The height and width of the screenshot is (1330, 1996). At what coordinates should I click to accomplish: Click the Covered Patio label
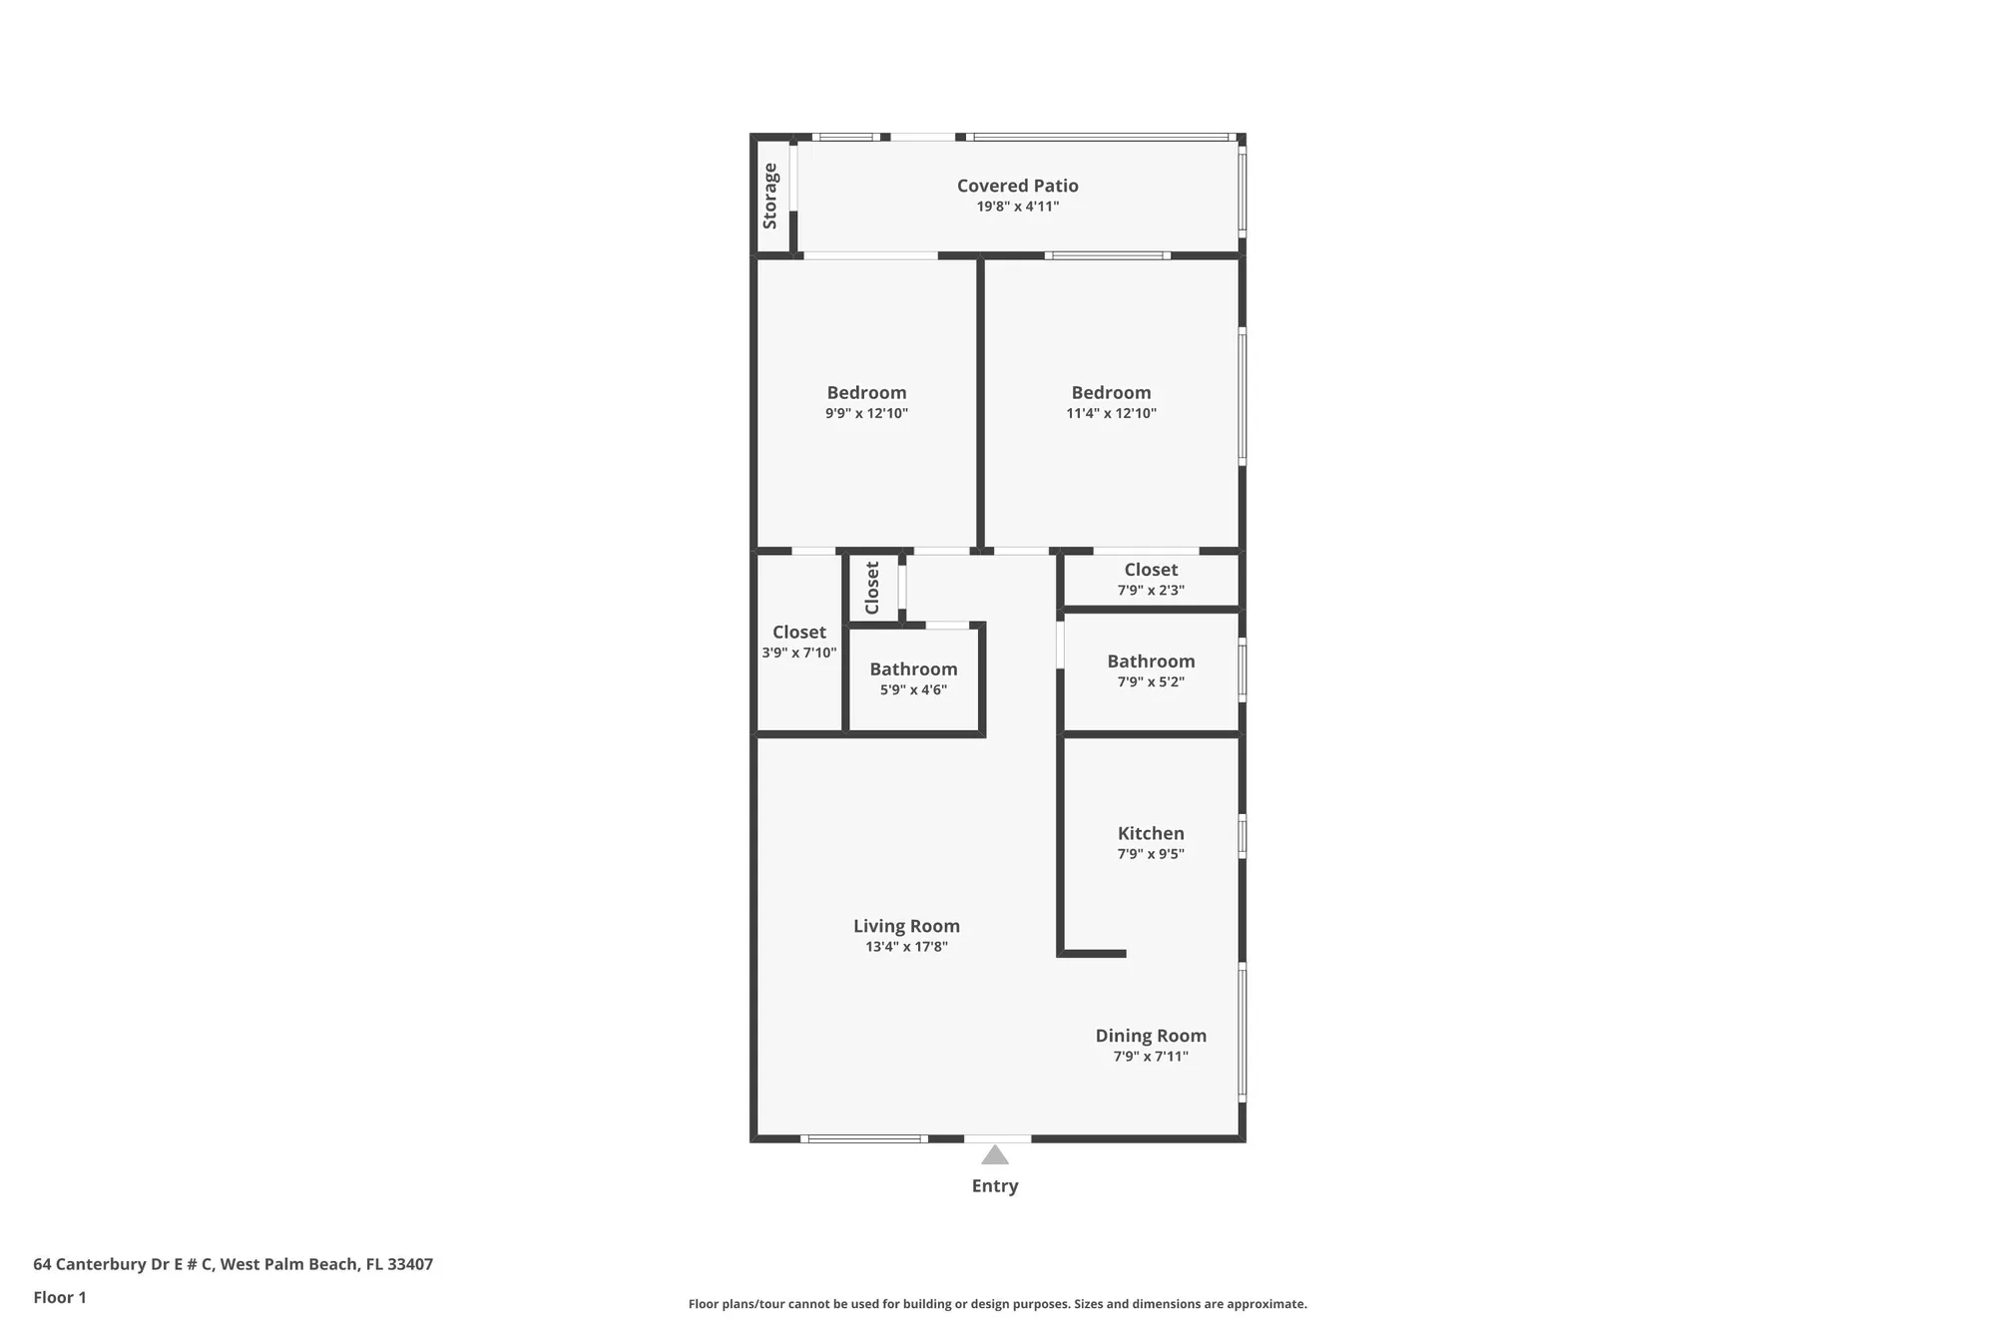(1017, 186)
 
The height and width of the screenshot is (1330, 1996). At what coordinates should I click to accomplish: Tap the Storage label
(770, 197)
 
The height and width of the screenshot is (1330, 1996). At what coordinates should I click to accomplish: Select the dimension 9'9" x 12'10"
(866, 413)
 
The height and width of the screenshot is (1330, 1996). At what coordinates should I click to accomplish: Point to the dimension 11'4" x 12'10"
(1111, 413)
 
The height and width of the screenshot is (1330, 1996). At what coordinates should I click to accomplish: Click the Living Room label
(906, 926)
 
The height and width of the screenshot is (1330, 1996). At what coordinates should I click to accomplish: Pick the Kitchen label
(1151, 833)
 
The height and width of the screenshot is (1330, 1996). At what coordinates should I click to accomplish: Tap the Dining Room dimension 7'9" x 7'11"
(1151, 1057)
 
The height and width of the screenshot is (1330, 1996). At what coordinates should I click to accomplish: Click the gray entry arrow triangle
(994, 1155)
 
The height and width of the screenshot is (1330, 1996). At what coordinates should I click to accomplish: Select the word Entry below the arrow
(994, 1185)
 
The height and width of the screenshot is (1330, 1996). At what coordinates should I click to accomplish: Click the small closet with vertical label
(872, 588)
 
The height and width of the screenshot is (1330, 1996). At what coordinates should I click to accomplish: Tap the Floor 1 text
(60, 1297)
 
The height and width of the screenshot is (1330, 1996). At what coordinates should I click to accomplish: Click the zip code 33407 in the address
(409, 1264)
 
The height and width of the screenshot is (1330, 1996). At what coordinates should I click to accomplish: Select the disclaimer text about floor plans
(997, 1304)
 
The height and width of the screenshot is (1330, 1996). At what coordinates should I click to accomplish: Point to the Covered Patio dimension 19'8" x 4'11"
(1017, 207)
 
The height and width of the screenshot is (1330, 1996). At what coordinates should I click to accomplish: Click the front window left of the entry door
(864, 1138)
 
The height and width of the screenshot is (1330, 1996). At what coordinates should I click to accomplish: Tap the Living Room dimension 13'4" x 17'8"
(906, 947)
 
